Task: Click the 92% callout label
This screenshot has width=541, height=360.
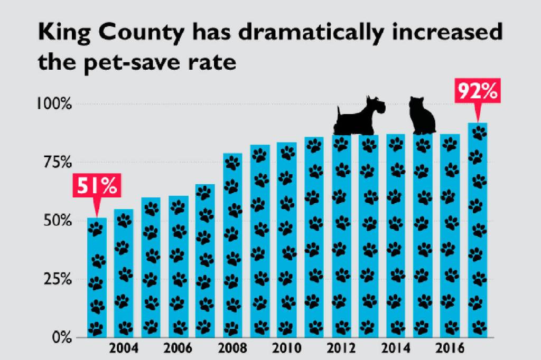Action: point(478,92)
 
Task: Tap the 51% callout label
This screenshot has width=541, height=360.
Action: point(97,186)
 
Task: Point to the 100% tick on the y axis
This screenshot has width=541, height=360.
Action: point(54,103)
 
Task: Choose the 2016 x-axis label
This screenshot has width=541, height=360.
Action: point(450,349)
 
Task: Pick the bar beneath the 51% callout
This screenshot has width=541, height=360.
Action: point(97,277)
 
